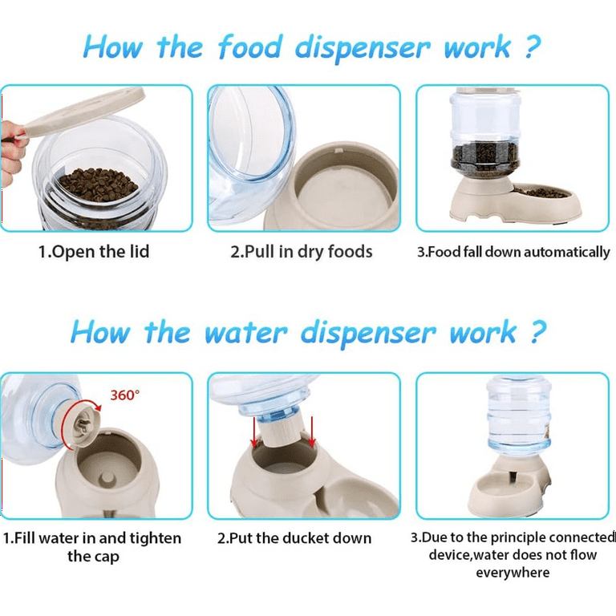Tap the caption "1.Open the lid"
click(94, 252)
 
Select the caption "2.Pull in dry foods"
click(302, 252)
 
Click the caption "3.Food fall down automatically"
click(513, 252)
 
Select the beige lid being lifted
click(80, 112)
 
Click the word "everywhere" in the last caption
click(513, 573)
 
